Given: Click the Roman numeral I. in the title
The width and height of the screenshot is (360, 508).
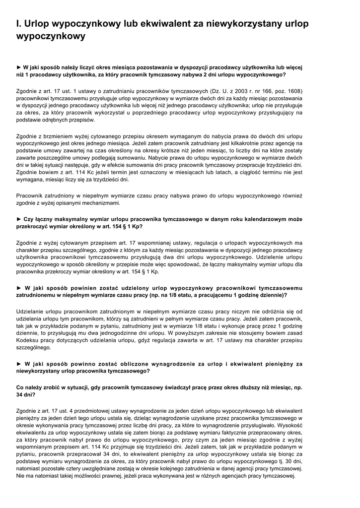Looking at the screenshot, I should point(18,24).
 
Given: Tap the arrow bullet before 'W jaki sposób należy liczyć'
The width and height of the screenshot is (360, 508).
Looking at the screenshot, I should point(19,67).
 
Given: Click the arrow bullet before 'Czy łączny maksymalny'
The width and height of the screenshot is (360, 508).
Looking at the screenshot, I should point(19,219).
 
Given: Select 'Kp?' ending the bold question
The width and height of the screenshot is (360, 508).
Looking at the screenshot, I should point(137,226).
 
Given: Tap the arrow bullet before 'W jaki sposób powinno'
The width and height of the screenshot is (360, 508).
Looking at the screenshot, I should point(19,364).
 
